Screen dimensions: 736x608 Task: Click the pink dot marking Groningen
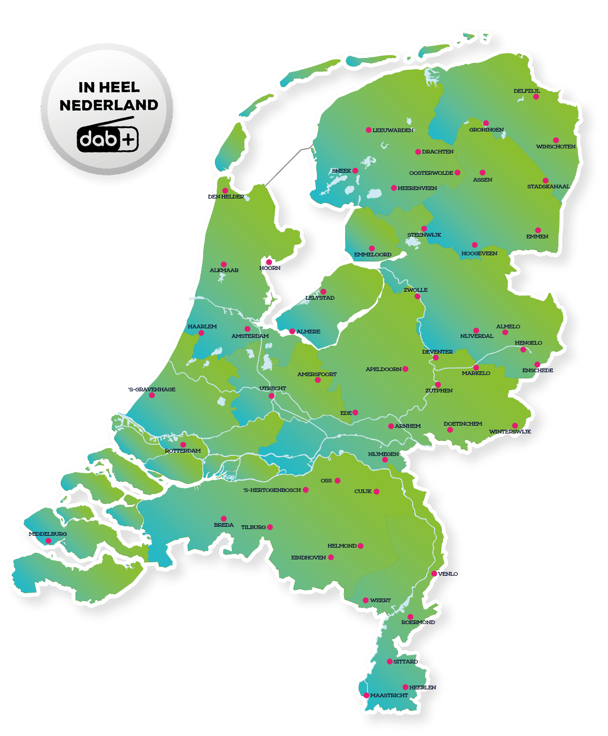click(486, 123)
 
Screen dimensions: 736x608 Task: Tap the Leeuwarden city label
click(393, 130)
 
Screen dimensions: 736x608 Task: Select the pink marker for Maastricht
click(366, 696)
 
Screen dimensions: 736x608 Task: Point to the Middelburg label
click(48, 534)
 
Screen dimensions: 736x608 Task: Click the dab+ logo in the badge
click(108, 138)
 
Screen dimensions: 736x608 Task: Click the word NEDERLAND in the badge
click(109, 105)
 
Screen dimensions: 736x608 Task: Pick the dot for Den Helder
click(225, 190)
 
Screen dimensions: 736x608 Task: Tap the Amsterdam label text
click(250, 336)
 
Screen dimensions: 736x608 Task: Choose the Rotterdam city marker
click(183, 445)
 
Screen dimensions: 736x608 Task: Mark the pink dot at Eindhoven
click(331, 557)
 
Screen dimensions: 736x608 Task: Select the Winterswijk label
click(509, 432)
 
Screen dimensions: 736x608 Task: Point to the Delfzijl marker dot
click(536, 97)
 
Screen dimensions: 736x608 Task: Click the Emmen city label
click(537, 237)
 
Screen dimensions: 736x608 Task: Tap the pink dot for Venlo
click(434, 574)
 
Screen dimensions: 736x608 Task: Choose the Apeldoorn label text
click(383, 369)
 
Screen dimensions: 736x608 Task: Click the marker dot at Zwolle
click(417, 296)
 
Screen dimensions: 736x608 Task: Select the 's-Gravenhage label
click(151, 389)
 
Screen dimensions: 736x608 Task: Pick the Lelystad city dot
click(323, 291)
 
